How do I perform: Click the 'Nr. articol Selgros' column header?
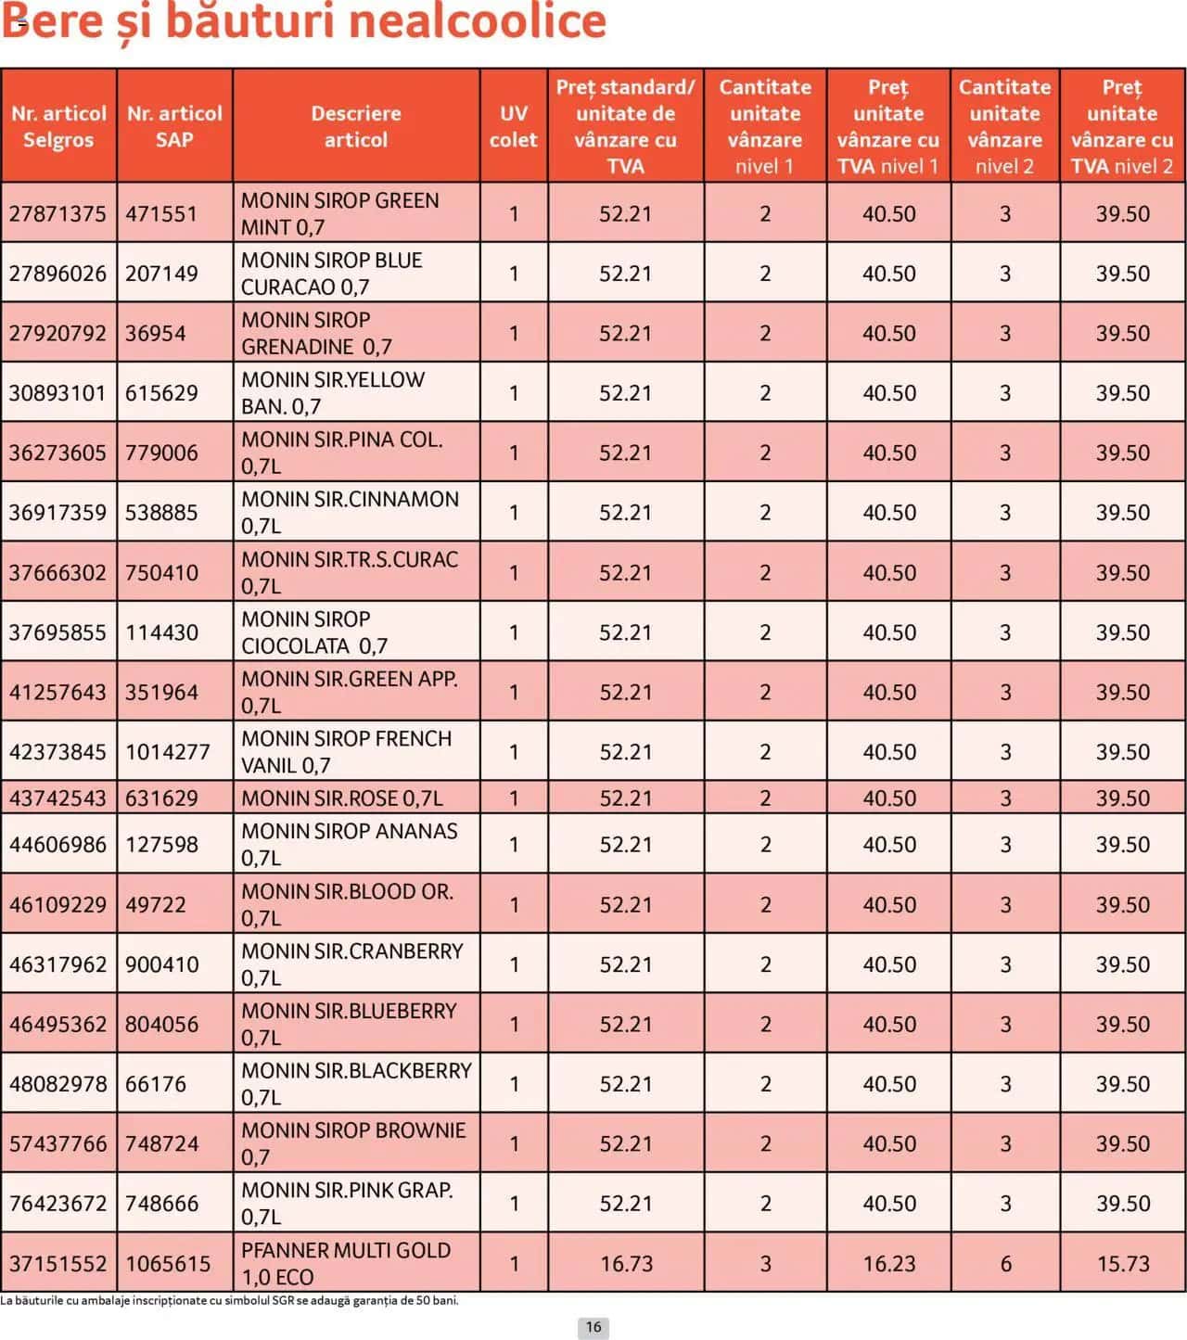click(x=58, y=126)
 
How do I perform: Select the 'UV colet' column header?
click(x=513, y=126)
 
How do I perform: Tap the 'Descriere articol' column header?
click(x=356, y=126)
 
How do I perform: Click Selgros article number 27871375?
click(x=57, y=213)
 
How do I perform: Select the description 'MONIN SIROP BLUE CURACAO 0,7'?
click(x=332, y=274)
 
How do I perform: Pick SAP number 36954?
click(x=156, y=333)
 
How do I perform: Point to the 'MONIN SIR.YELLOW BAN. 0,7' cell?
click(x=333, y=393)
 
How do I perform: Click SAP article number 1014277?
click(x=168, y=752)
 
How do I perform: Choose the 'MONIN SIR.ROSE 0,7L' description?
click(x=342, y=798)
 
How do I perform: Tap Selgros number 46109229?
click(x=57, y=905)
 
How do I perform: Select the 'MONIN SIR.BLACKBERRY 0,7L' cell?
click(x=356, y=1084)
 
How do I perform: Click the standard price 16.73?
click(x=626, y=1264)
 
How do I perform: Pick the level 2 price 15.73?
click(x=1123, y=1264)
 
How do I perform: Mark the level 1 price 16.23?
click(x=888, y=1264)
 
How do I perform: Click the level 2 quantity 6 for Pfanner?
click(x=1005, y=1264)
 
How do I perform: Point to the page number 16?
click(x=593, y=1327)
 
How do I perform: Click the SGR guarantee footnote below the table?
click(x=230, y=1300)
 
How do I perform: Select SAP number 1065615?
click(x=168, y=1264)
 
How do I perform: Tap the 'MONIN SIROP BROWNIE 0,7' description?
click(x=353, y=1143)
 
